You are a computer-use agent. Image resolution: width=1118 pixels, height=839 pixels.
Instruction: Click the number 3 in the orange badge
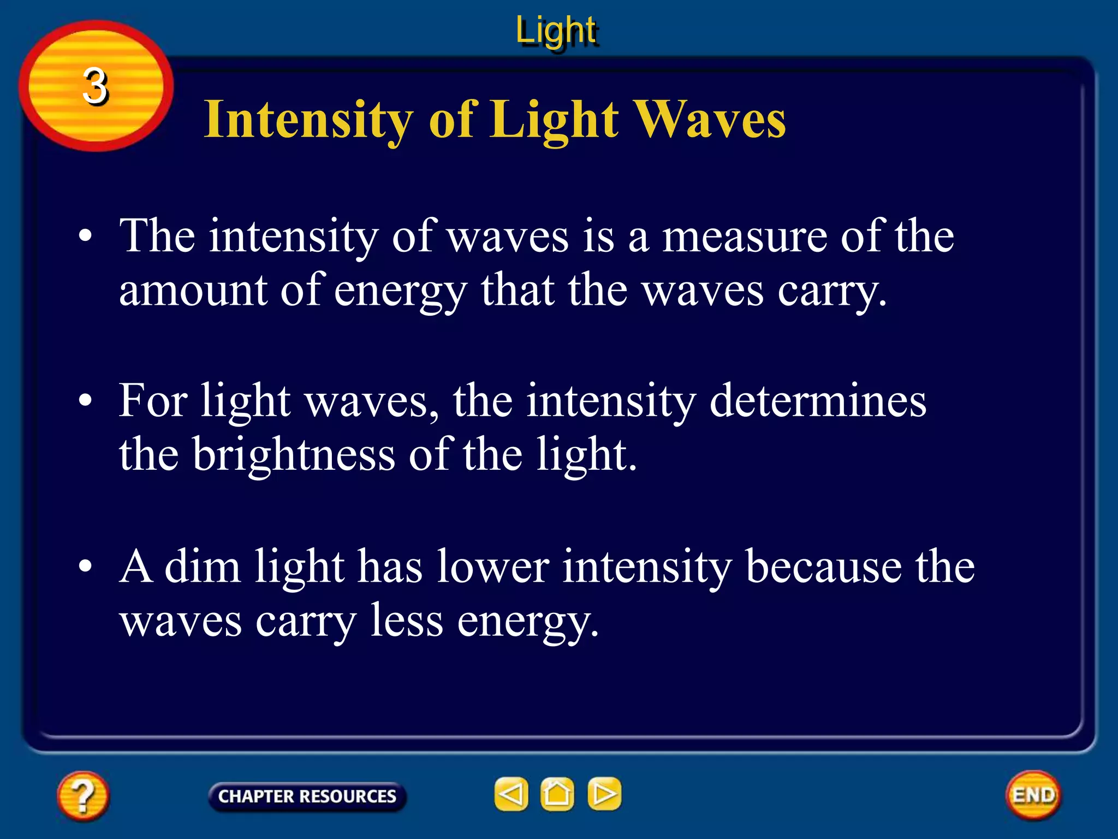pos(96,86)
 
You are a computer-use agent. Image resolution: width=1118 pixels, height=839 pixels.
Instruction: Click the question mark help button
pos(83,796)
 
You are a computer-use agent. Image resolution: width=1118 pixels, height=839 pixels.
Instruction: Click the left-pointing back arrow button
pos(511,794)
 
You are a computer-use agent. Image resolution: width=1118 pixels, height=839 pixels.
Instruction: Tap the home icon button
pos(557,794)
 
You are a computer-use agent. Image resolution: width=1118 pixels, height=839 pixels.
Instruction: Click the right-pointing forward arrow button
pos(604,794)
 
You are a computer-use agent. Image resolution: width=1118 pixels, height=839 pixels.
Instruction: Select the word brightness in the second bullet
pos(294,454)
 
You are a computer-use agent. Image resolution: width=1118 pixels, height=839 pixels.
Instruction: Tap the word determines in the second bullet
pos(818,401)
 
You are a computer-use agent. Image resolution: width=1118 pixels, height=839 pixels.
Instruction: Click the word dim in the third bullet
pos(203,566)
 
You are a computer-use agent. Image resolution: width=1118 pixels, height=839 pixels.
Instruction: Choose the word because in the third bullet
pos(824,566)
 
